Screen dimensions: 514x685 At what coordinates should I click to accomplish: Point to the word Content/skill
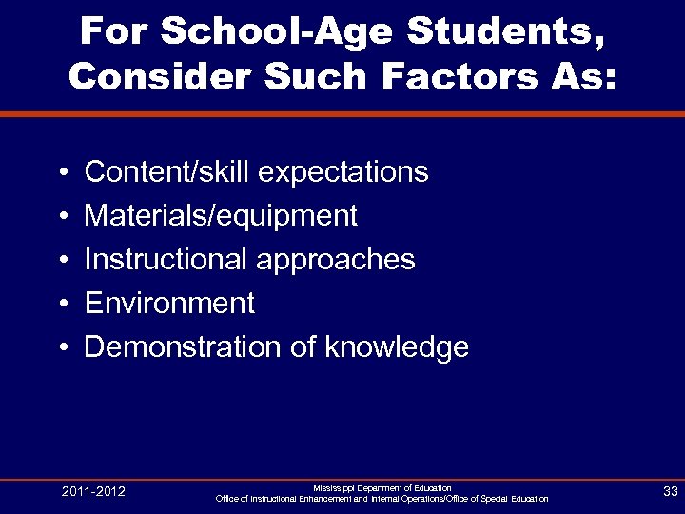pos(167,172)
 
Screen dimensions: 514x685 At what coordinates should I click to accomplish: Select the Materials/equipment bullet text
pos(221,216)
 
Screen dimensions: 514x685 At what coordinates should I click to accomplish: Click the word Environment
pos(169,304)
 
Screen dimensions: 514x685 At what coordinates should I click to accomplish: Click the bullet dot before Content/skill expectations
pos(60,173)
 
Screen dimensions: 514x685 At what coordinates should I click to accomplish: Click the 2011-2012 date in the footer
pos(93,492)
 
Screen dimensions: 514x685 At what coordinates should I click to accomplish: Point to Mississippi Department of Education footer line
pos(382,487)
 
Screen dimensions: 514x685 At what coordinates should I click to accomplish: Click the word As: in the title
pos(584,76)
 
